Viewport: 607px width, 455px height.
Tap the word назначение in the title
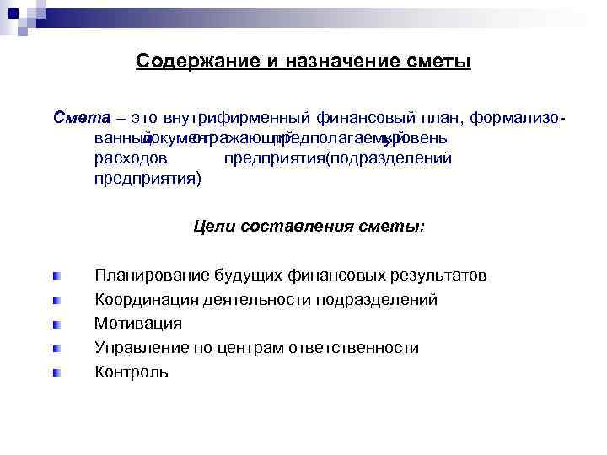tap(337, 62)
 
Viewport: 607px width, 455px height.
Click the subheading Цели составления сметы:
tap(309, 227)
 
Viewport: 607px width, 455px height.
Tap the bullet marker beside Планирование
tap(55, 276)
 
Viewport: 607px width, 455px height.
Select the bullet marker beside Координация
tap(55, 300)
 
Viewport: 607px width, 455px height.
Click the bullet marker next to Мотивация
tap(55, 324)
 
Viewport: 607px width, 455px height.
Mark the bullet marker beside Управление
tap(55, 348)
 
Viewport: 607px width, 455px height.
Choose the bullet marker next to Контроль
tap(55, 372)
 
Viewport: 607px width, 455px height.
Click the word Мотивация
tap(138, 324)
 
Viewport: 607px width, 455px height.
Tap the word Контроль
tap(132, 372)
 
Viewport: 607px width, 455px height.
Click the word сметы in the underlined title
tap(437, 62)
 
